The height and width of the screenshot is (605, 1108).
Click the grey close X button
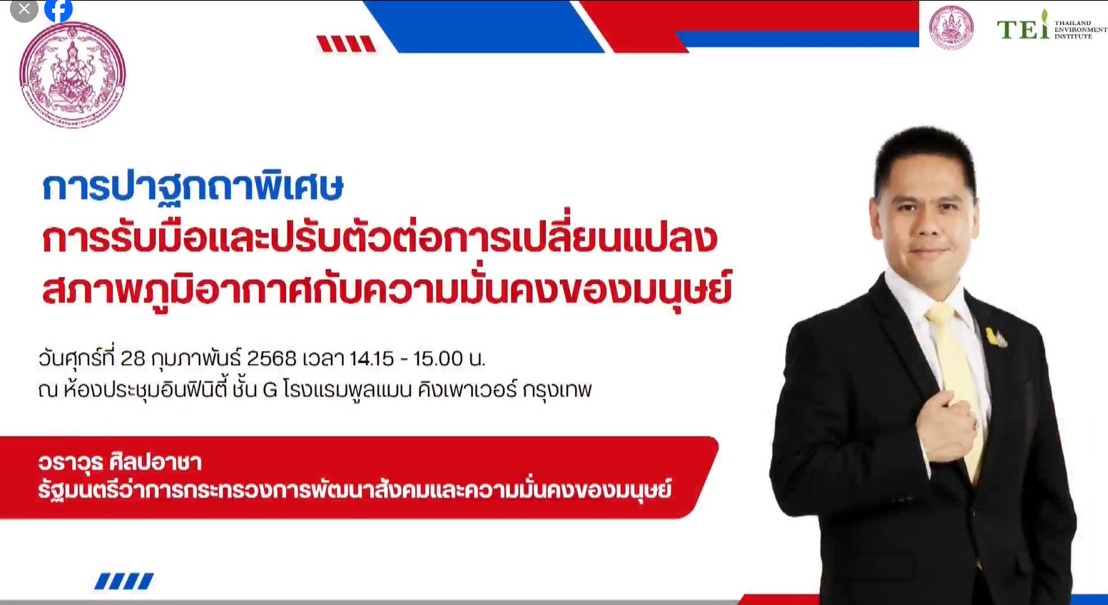[x=24, y=9]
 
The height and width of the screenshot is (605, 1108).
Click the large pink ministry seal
[x=73, y=75]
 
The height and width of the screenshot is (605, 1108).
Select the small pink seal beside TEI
[x=951, y=28]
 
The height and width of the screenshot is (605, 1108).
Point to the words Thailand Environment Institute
[x=1080, y=30]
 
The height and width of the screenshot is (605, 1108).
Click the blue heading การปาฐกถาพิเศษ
[x=193, y=188]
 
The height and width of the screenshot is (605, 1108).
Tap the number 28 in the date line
[x=133, y=358]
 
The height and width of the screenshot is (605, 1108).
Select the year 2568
[x=272, y=358]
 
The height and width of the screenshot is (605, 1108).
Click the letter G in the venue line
[x=270, y=390]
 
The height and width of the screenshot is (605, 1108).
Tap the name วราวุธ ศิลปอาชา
[x=120, y=462]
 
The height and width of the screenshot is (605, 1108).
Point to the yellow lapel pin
[x=995, y=337]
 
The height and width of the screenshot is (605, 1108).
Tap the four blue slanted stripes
[x=124, y=581]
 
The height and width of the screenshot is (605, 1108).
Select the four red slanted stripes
[x=346, y=44]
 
